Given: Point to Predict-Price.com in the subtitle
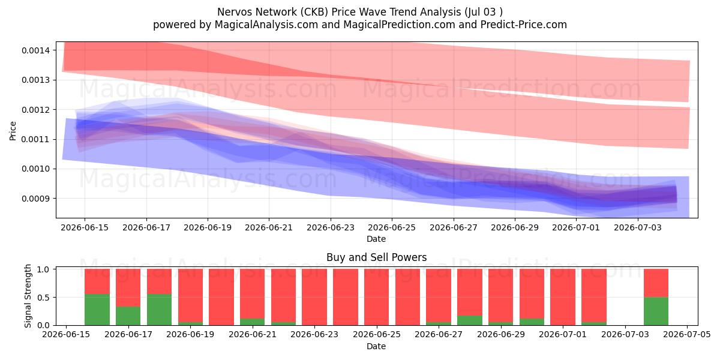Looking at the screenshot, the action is point(524,25).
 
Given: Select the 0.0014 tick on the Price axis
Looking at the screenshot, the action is point(35,50).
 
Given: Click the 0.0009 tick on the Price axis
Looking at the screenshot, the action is point(35,199).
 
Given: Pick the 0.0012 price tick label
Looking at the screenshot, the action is point(35,110).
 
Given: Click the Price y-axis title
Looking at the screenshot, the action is point(13,131).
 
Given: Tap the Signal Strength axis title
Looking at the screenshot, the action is point(28,296).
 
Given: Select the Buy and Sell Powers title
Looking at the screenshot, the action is point(376,257).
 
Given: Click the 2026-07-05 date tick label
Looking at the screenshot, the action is point(687,335).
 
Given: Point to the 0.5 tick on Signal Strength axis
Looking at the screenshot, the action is point(43,298).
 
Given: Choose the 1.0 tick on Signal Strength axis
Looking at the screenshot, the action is point(43,269).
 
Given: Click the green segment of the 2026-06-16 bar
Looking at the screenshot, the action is point(97,310).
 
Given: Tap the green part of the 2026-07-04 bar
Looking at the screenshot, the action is point(656,311).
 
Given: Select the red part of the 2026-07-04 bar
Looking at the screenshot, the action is point(656,283).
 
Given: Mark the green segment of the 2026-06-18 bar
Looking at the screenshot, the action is point(160,310).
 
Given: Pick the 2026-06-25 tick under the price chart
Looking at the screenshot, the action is point(391,227).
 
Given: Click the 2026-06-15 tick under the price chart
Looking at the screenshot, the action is point(85,227).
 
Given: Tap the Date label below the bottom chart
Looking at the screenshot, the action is point(376,346).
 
